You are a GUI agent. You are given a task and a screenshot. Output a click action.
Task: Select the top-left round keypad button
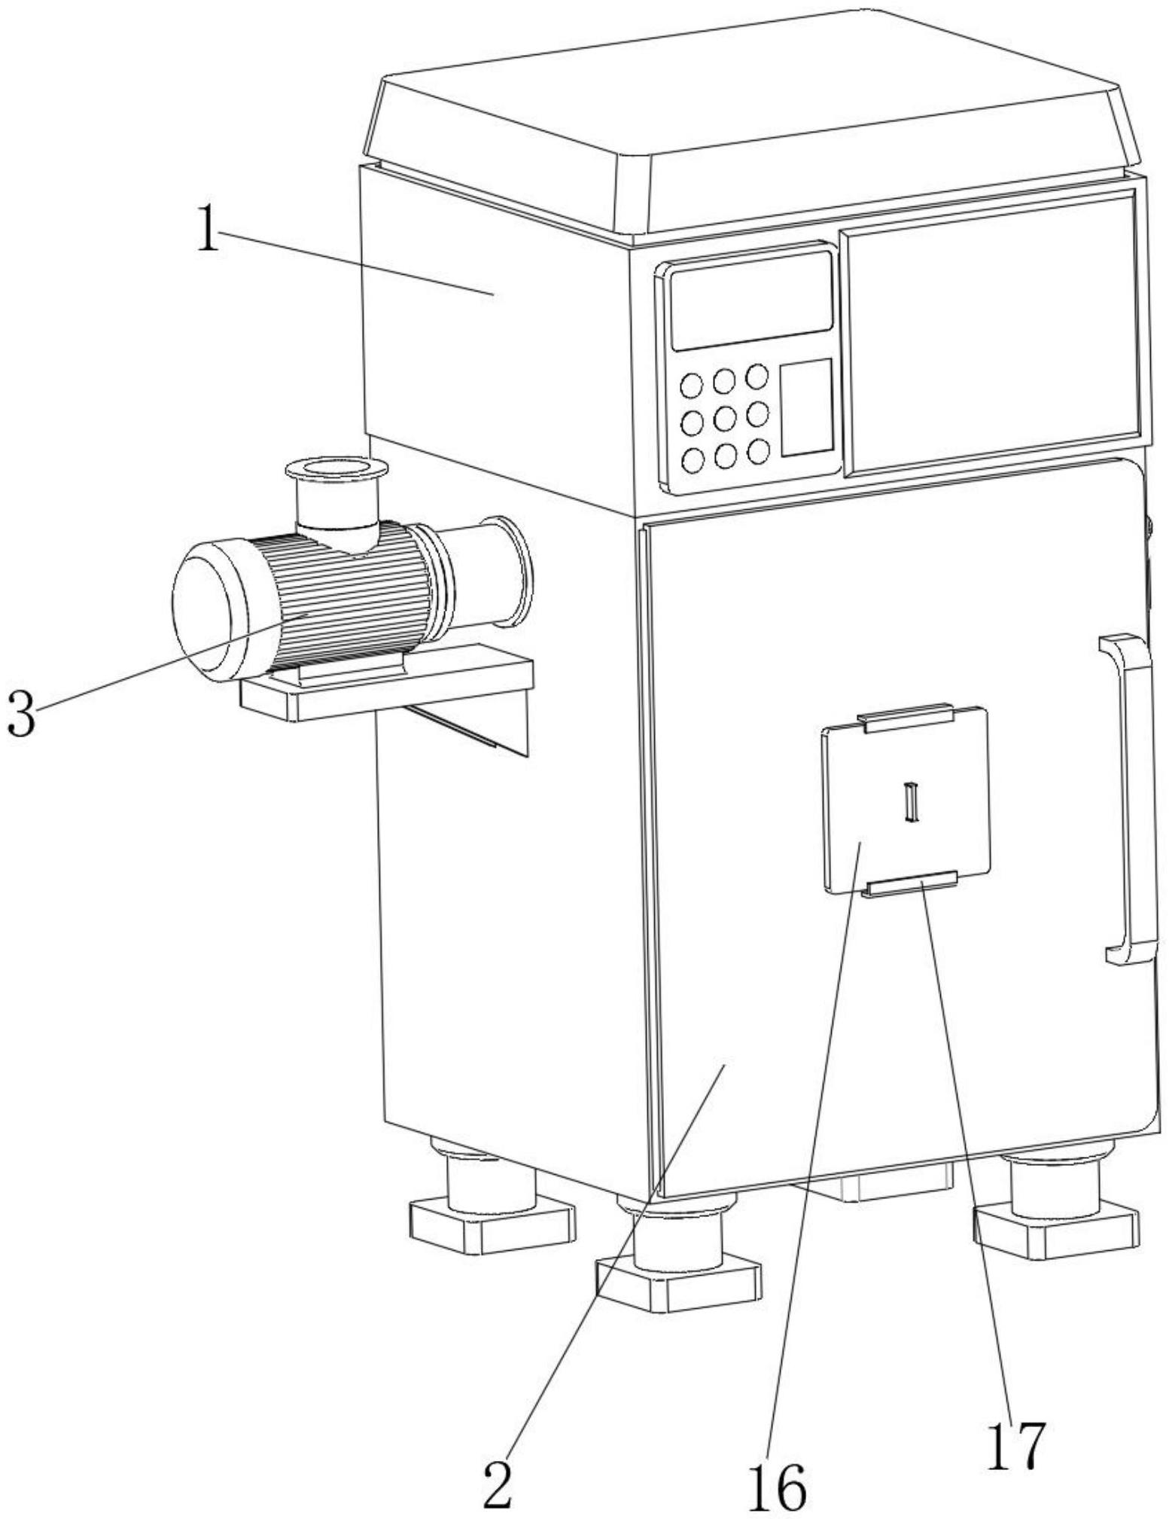691,386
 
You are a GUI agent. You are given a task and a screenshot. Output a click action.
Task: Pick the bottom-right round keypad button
758,450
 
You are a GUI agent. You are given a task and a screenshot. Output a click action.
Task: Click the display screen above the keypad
751,300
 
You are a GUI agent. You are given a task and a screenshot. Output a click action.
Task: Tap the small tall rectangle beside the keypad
806,407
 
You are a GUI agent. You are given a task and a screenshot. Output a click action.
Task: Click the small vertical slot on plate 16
912,801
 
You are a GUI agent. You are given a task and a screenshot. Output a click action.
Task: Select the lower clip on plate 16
911,883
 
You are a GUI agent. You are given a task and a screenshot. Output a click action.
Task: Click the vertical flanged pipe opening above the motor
336,470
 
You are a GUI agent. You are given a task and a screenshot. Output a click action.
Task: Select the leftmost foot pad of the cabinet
492,1222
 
